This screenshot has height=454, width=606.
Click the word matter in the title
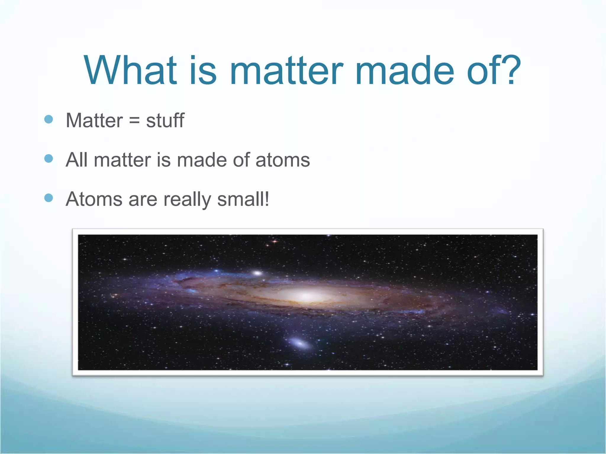pos(286,71)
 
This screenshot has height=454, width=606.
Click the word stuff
pos(165,120)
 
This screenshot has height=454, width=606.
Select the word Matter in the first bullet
pos(94,121)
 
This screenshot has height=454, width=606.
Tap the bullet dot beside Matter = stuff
pos(49,119)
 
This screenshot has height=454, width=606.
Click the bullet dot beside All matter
pos(49,159)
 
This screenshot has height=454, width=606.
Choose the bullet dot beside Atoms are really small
pos(49,198)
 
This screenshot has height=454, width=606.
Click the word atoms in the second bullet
pos(283,160)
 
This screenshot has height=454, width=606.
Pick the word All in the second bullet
pos(76,160)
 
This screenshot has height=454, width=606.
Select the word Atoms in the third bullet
pos(94,199)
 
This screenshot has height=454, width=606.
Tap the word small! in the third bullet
pos(243,199)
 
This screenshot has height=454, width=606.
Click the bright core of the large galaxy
pos(305,295)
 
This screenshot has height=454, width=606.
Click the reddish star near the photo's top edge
pos(275,241)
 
